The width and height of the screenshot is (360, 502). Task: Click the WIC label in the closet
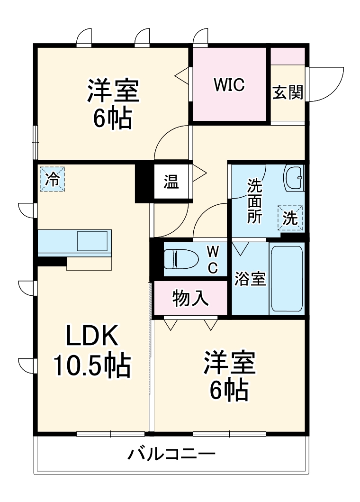coord(229,84)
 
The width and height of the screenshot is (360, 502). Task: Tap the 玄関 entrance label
coord(288,92)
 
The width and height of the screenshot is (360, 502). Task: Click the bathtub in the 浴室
coord(287,278)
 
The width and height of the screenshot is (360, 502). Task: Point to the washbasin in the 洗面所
coord(294,179)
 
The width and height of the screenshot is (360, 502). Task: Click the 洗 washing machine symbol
coord(290,218)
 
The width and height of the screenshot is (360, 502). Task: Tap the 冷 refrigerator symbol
coord(52,179)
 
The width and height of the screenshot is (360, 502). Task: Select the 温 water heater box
coord(171,182)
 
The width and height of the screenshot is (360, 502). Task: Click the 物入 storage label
coord(191,298)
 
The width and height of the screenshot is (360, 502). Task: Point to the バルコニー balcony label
coord(171,454)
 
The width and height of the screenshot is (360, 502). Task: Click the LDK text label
coord(92,335)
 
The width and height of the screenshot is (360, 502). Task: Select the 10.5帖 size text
coord(92,365)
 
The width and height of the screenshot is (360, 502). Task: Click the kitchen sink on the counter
coord(92,241)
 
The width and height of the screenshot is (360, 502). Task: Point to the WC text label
coord(213,260)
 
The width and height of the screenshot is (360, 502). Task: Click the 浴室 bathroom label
coord(250,279)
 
